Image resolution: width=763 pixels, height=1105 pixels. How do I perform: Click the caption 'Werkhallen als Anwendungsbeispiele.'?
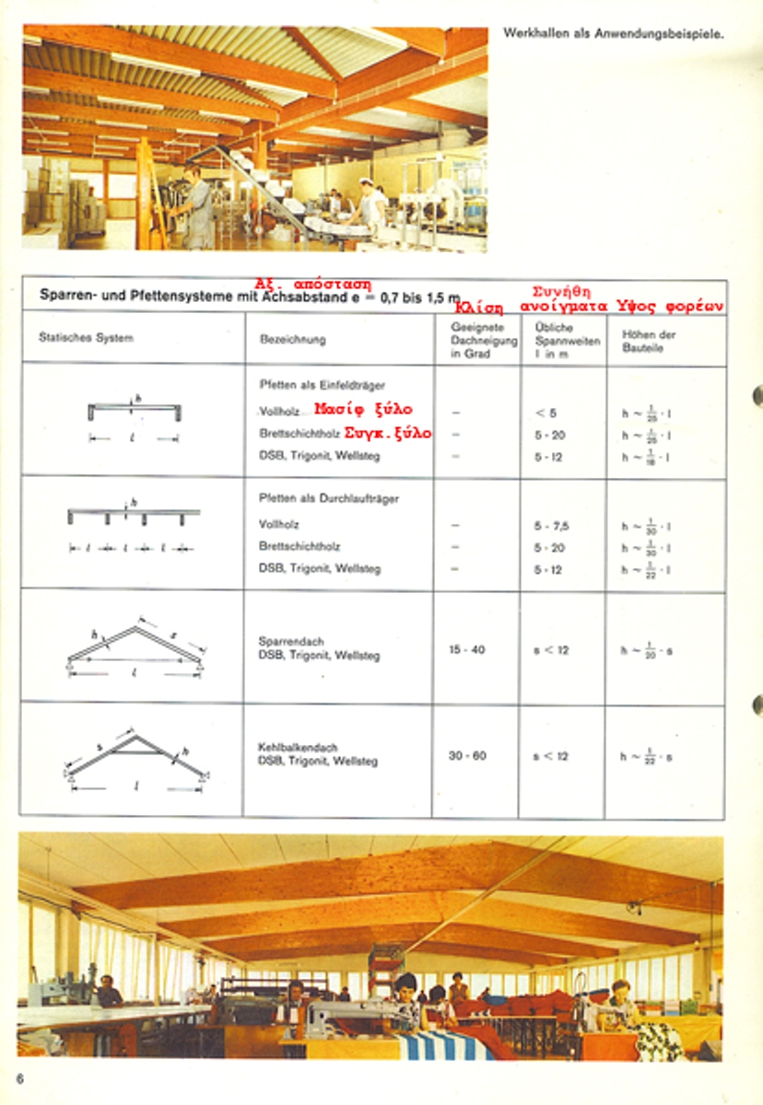click(x=613, y=34)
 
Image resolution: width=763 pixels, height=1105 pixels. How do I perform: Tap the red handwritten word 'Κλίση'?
click(x=479, y=307)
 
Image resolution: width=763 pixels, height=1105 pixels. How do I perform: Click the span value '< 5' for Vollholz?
click(x=546, y=413)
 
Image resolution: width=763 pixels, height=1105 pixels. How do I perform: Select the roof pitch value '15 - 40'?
click(x=467, y=649)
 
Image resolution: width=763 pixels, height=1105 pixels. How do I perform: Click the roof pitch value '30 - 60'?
click(x=467, y=756)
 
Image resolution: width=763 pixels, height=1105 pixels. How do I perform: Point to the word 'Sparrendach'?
click(x=290, y=641)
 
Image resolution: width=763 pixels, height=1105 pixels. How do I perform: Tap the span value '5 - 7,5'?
click(x=551, y=526)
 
